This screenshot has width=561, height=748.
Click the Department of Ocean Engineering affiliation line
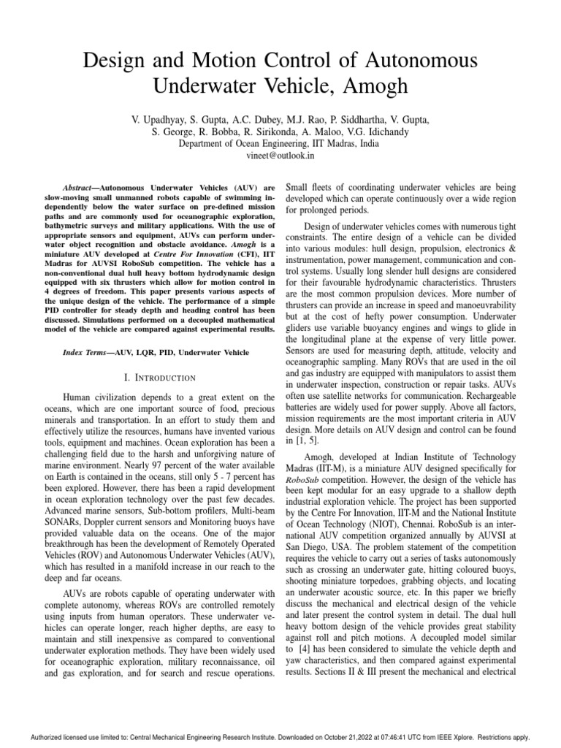click(280, 144)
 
